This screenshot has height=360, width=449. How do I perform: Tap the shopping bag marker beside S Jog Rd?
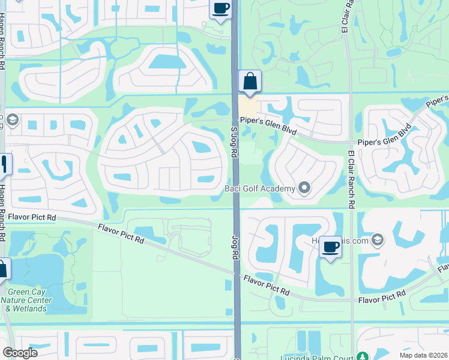250,82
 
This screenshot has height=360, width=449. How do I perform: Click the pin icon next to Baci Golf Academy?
304,189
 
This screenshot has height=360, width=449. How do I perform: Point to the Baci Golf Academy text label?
260,189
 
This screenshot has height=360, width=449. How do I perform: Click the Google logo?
20,353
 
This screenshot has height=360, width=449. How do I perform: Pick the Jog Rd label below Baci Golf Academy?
235,247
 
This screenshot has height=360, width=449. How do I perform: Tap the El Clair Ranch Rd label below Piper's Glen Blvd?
351,178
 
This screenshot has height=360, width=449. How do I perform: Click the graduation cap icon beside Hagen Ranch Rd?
11,120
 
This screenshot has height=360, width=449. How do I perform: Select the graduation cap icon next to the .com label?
377,240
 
